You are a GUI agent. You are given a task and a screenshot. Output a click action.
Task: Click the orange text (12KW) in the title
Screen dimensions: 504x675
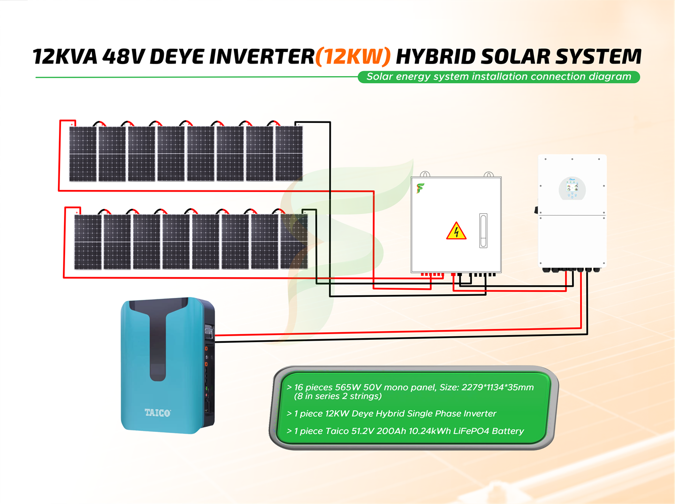[x=353, y=57]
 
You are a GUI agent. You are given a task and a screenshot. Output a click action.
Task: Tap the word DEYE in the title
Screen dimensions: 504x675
[x=177, y=57]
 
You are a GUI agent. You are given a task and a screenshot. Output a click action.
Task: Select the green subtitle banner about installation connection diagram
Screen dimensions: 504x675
[x=499, y=77]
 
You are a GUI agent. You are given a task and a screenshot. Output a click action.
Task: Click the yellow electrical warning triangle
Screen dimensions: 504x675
[x=456, y=231]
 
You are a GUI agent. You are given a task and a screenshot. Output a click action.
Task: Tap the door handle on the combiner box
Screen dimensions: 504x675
[x=483, y=230]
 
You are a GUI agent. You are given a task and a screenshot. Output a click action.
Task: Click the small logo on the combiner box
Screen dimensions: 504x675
[x=420, y=188]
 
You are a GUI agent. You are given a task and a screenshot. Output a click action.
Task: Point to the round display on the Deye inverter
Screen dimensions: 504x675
[x=572, y=188]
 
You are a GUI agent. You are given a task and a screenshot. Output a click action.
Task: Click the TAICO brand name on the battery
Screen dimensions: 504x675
[x=158, y=413]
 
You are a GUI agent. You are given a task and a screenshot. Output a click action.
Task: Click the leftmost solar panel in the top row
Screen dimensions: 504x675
[x=83, y=154]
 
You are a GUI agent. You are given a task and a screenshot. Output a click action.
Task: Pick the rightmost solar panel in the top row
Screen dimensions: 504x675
[x=289, y=153]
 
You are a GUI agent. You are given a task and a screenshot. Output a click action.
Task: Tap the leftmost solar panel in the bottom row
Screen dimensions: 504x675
[x=88, y=242]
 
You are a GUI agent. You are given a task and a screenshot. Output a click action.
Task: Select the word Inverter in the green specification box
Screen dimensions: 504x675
[x=479, y=414]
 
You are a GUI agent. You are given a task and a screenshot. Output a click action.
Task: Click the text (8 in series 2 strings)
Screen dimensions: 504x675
[x=338, y=396]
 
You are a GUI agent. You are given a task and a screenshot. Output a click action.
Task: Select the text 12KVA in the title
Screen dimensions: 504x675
[x=65, y=57]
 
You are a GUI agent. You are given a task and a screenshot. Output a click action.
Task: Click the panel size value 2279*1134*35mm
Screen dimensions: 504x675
[x=489, y=388]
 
